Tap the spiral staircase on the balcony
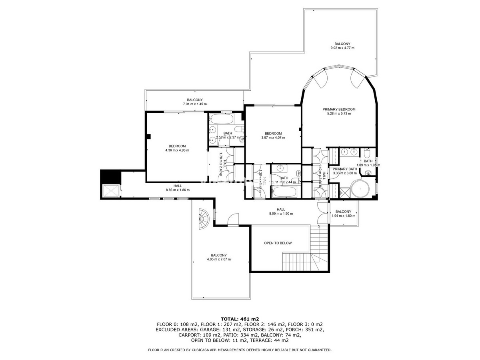point(203,219)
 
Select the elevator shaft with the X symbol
point(111,191)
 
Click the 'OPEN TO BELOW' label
point(278,243)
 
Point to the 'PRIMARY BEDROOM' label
point(339,109)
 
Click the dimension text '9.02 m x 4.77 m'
point(342,48)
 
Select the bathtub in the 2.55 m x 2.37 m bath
point(221,120)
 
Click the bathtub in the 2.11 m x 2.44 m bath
point(285,192)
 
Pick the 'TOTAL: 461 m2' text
point(240,319)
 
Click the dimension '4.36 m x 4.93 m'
point(177,150)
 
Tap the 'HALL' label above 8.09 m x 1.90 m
point(281,209)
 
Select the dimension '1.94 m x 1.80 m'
point(344,216)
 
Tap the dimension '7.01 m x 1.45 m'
point(195,104)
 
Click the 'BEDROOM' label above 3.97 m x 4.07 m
point(273,134)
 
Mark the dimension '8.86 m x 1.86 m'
point(178,190)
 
